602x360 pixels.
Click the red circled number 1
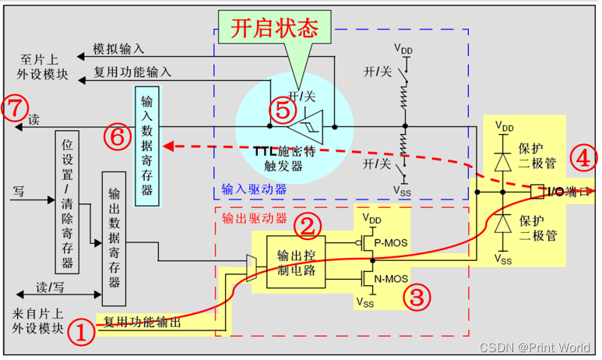tap(81, 334)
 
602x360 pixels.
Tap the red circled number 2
tap(307, 226)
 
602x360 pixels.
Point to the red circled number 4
tap(581, 158)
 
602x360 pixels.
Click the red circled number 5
tap(277, 110)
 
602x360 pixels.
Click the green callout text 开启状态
tap(275, 29)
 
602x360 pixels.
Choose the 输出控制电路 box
tap(297, 260)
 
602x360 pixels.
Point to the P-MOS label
tap(391, 242)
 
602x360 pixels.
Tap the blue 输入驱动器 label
tap(254, 189)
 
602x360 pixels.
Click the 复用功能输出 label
tap(143, 322)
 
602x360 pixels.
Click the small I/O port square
tap(537, 190)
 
